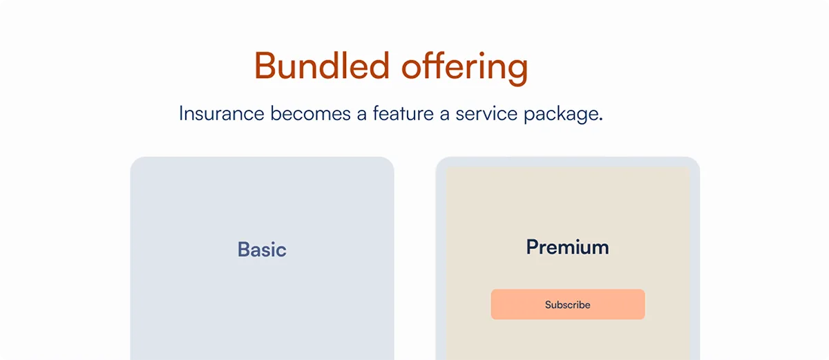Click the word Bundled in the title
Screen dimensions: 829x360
coord(322,66)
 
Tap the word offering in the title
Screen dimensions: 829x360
coord(465,68)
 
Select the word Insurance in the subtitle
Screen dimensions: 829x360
coord(222,113)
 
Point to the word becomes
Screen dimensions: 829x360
coord(310,113)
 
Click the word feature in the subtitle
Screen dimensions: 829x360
coord(403,113)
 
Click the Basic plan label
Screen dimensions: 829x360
coord(262,249)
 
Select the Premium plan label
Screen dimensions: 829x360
coord(567,247)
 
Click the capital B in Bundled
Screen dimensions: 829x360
coord(265,66)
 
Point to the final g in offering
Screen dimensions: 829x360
coord(517,72)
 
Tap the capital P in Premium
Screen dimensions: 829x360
coord(533,247)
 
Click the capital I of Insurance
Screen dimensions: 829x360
coord(181,113)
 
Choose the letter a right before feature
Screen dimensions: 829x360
coord(361,115)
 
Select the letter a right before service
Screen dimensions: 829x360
coord(444,115)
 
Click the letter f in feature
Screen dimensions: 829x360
coord(377,113)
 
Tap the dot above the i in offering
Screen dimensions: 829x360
coord(482,54)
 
